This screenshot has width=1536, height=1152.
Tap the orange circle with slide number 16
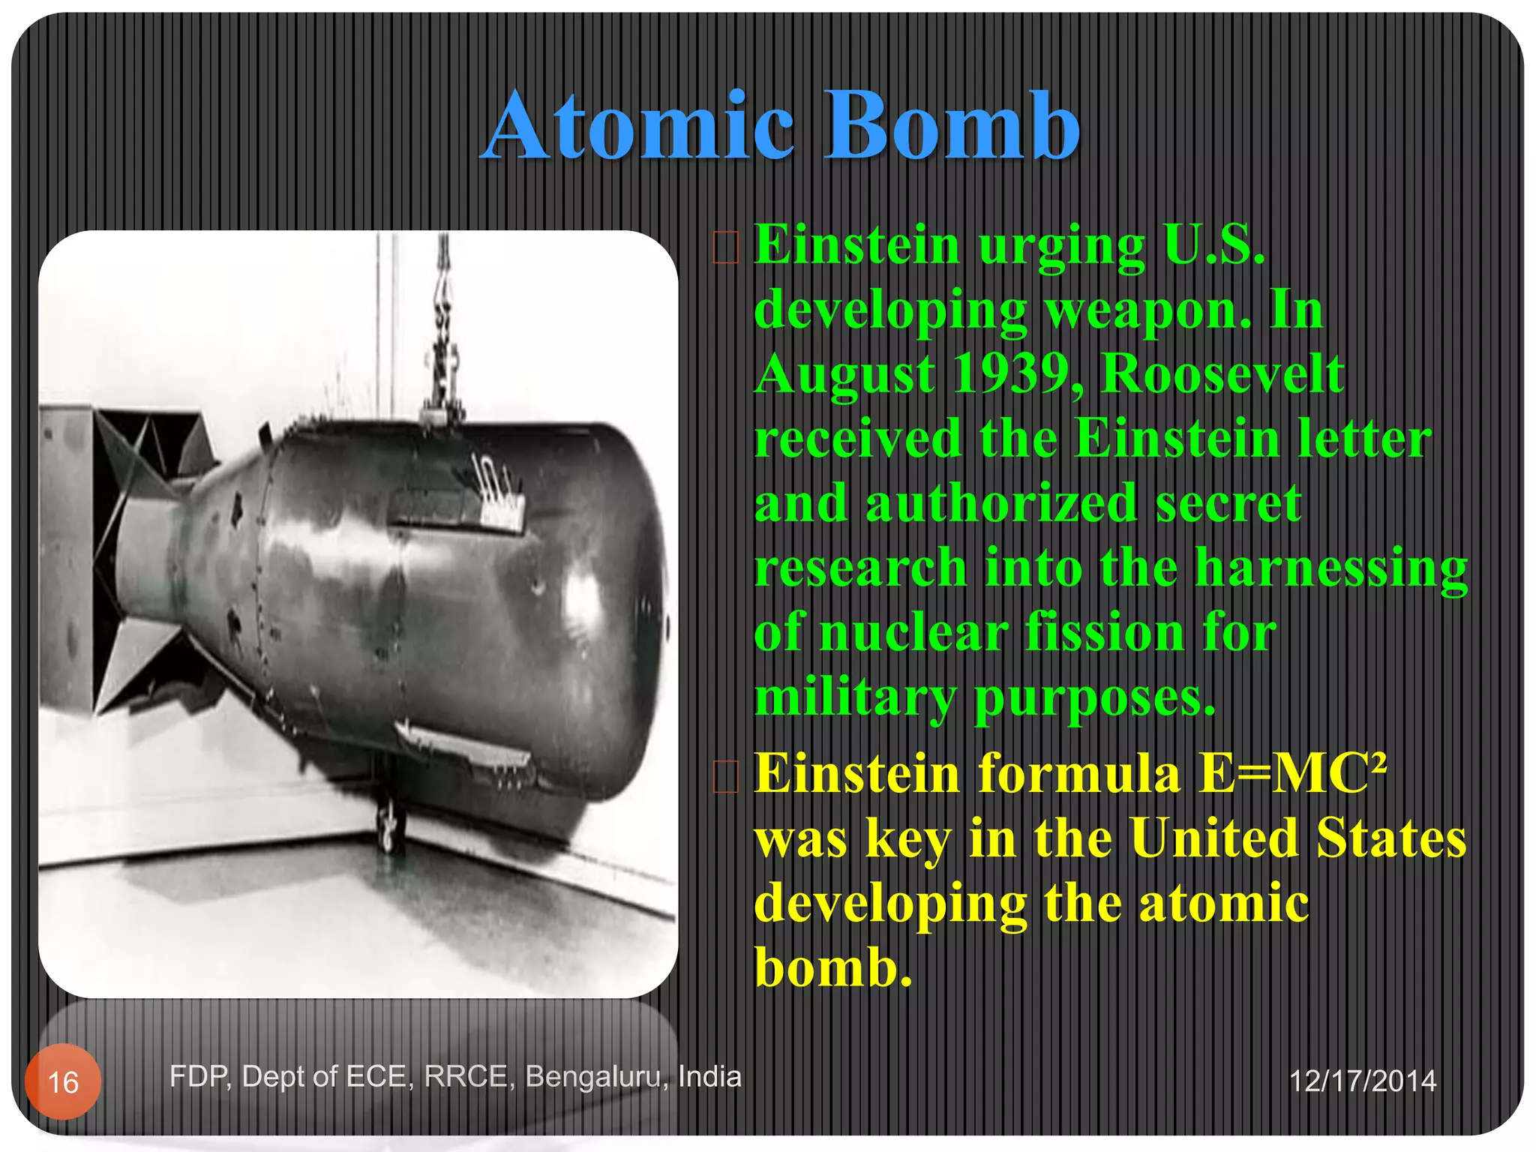click(63, 1081)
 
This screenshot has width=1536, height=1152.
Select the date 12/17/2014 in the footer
click(1362, 1081)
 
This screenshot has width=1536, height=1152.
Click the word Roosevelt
click(1222, 374)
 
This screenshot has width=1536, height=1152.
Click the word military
click(855, 698)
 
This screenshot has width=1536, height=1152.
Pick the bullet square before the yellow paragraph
click(725, 777)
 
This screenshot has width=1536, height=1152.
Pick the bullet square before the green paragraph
click(725, 248)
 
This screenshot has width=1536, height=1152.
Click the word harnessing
click(1330, 568)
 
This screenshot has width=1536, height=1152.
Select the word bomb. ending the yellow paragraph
click(832, 967)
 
